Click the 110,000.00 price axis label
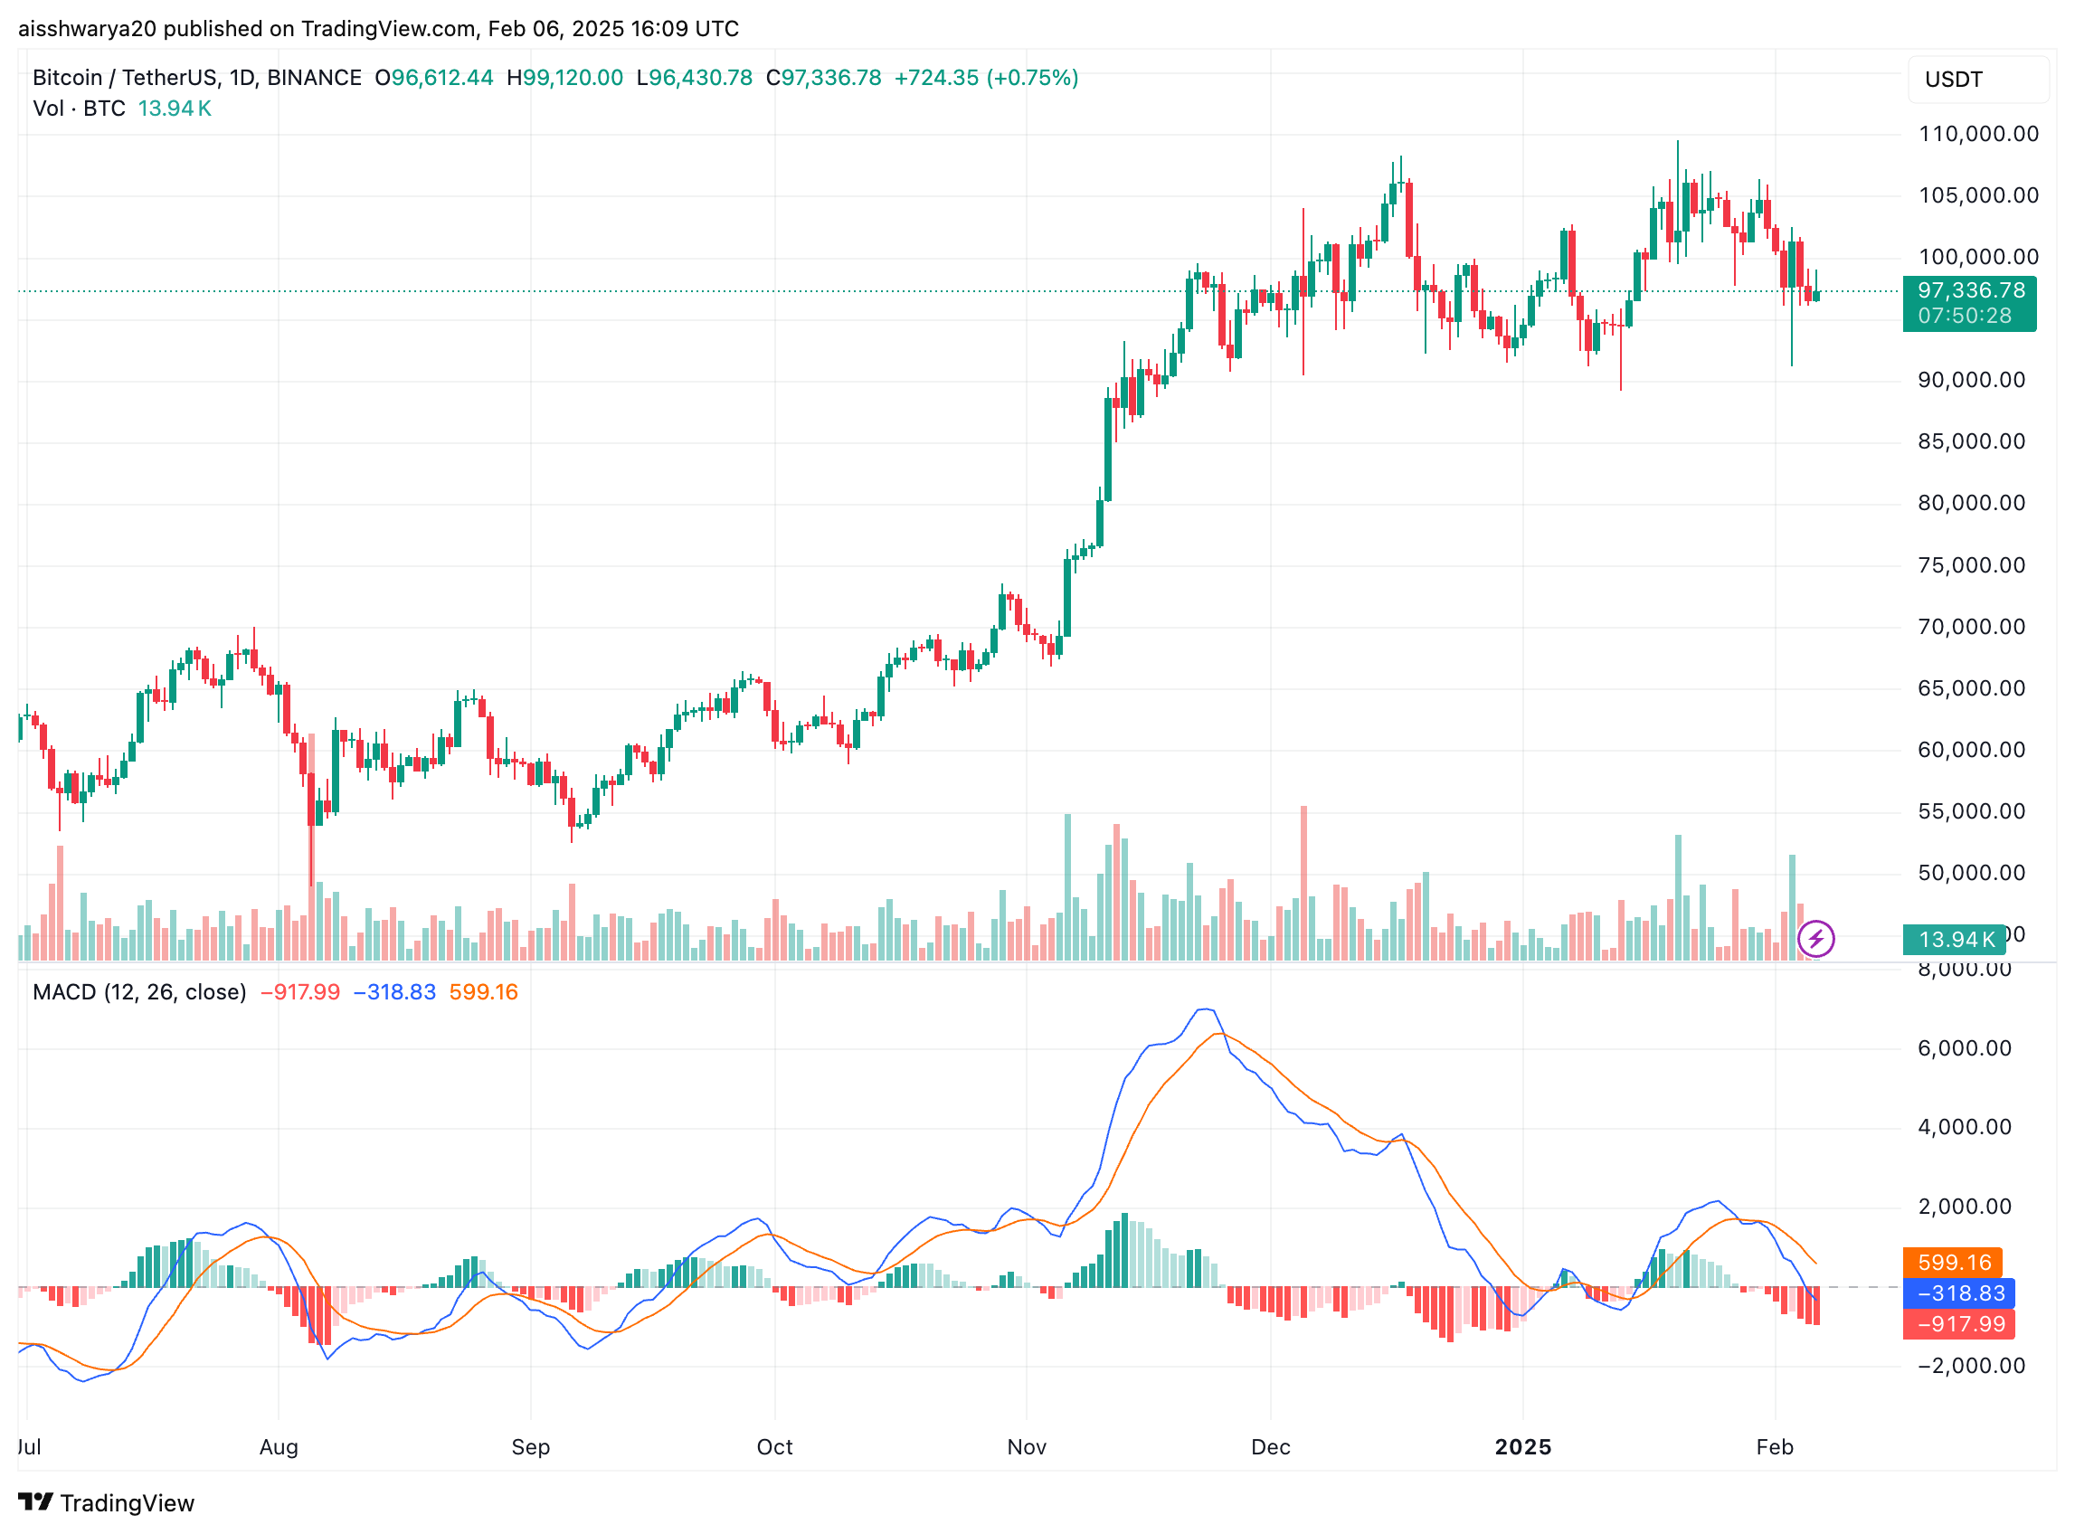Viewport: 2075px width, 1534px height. [1977, 134]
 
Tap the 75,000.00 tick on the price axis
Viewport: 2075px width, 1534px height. [1970, 565]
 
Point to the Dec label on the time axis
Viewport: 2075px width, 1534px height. [1269, 1446]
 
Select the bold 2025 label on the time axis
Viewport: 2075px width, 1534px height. [1521, 1446]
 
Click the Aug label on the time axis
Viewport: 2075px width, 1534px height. [279, 1446]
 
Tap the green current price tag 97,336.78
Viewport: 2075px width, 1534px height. [1970, 291]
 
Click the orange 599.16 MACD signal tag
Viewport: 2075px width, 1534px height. [1954, 1263]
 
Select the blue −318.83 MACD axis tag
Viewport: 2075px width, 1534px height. [1960, 1293]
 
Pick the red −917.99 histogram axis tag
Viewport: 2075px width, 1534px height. [1960, 1324]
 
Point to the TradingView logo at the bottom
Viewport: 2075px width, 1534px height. [106, 1503]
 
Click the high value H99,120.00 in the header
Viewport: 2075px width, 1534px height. [564, 78]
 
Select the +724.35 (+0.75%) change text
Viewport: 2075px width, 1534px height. [985, 78]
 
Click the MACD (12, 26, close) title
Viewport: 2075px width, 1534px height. [139, 992]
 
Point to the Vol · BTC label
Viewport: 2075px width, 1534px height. [79, 109]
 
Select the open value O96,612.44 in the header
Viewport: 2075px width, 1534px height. [433, 78]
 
